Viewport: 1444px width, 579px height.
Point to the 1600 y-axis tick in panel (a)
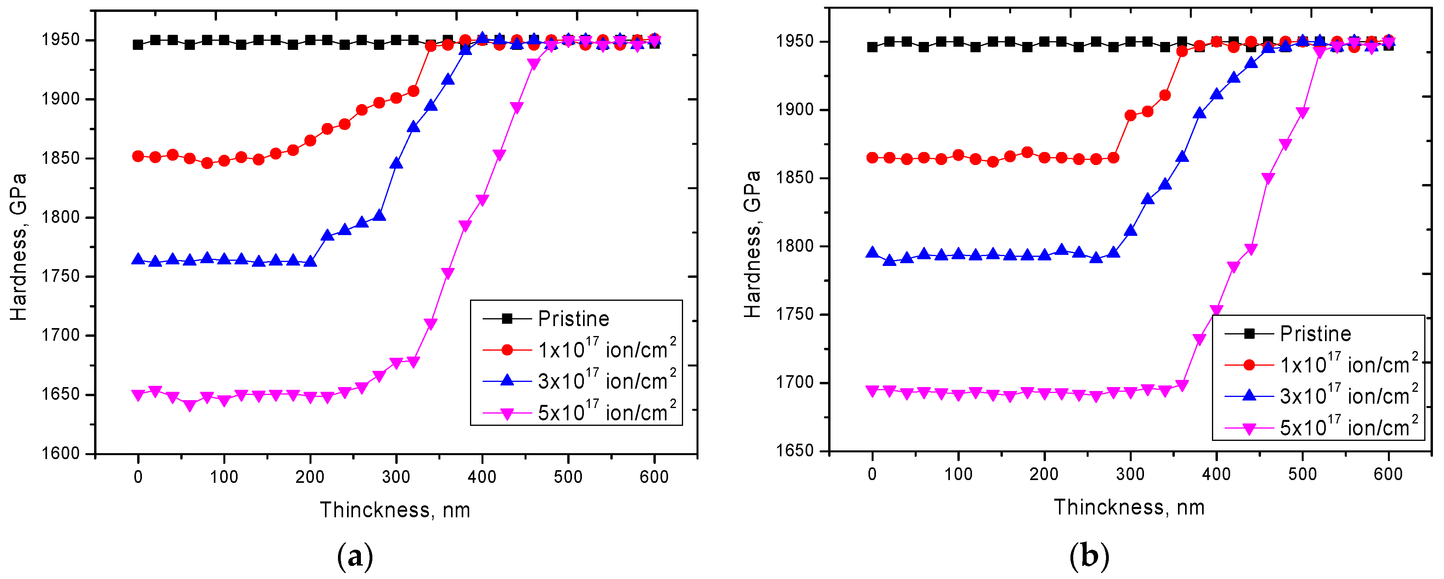pos(60,453)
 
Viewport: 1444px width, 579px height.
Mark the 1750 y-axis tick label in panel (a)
pos(60,277)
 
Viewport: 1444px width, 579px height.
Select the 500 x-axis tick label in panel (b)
pos(1302,474)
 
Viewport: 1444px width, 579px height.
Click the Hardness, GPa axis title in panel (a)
pos(19,247)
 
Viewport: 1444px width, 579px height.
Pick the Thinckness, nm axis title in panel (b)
pos(1129,507)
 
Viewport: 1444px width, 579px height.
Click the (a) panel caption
pos(355,556)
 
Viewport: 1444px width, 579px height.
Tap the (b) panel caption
pos(1089,556)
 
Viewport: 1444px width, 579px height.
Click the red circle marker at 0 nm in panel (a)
pos(138,156)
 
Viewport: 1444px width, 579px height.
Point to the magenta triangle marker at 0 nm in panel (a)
pos(138,395)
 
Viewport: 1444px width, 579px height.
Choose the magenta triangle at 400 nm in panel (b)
pos(1216,311)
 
